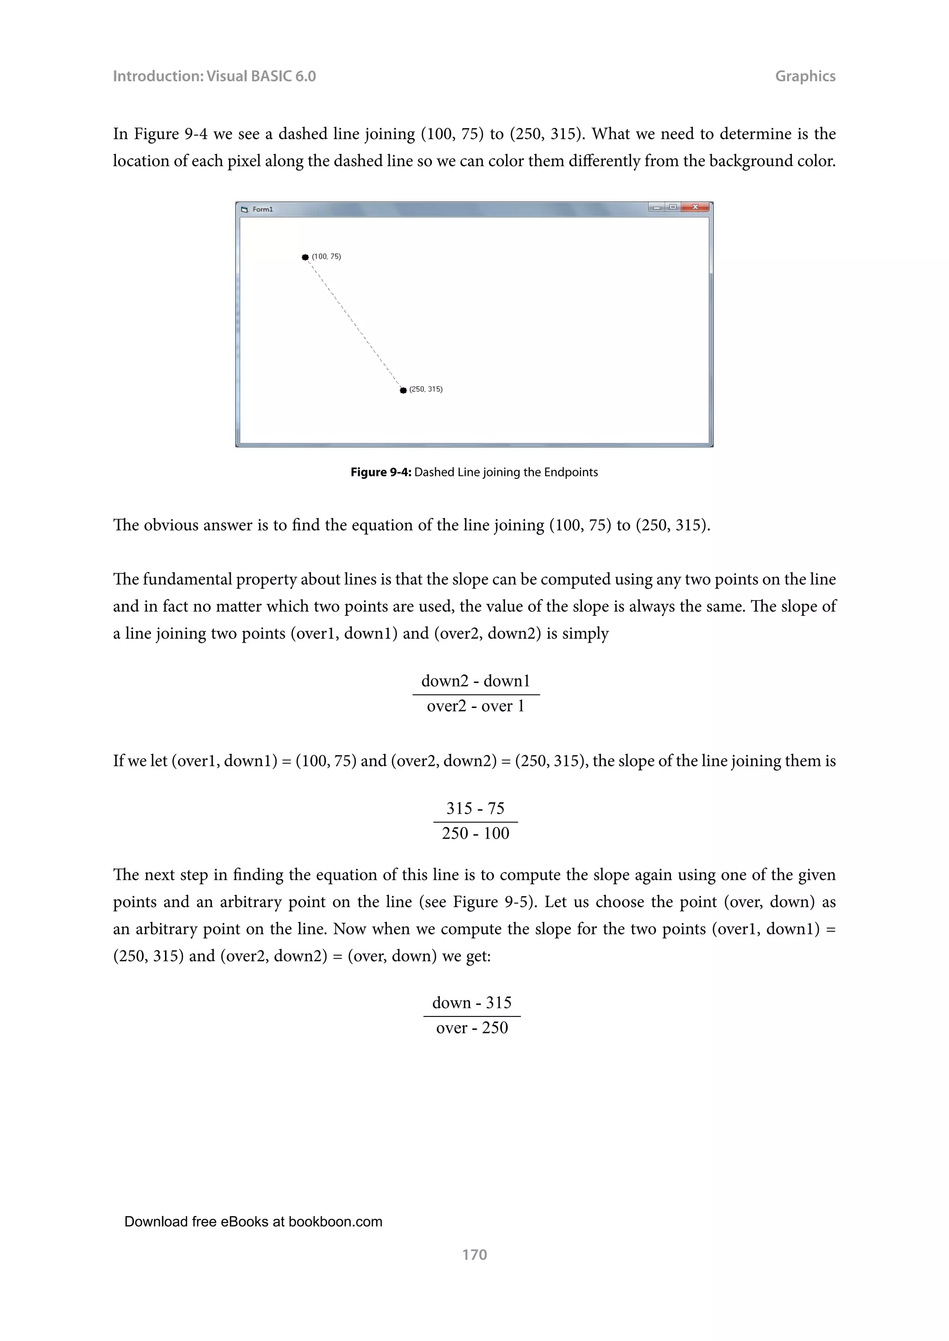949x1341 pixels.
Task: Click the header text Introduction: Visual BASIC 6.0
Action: [214, 76]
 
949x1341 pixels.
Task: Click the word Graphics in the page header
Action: [805, 76]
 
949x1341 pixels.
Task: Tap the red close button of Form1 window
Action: [696, 207]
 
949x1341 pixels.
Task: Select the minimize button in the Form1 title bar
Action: [657, 207]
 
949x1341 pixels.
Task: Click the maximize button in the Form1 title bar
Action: [673, 207]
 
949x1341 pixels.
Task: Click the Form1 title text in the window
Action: [262, 209]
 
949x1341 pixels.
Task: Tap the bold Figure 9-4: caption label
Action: [381, 472]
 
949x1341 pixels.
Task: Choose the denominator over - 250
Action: [472, 1028]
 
